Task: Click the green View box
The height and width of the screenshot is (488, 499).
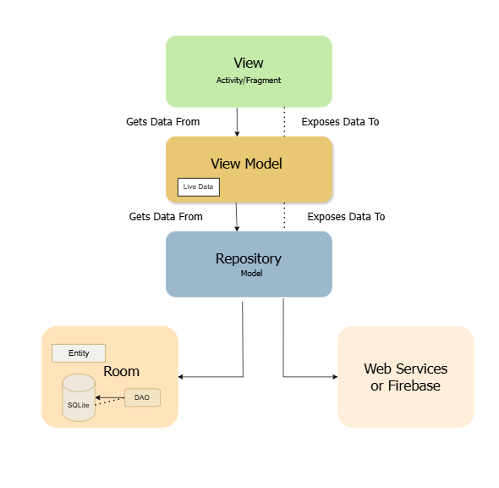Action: [x=249, y=71]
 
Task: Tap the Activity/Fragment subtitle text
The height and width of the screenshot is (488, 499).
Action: [x=249, y=80]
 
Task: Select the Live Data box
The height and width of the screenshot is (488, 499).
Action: [x=199, y=186]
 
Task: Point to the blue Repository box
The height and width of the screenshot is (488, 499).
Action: [x=249, y=263]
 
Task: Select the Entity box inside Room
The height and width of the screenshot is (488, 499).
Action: [x=79, y=352]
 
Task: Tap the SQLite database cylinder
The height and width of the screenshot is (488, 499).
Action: [x=79, y=396]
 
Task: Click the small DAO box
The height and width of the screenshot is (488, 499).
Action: [x=142, y=396]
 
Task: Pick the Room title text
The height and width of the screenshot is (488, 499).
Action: [x=121, y=371]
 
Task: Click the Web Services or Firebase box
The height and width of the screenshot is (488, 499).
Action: [x=405, y=376]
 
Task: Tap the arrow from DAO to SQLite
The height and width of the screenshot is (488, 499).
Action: [x=110, y=396]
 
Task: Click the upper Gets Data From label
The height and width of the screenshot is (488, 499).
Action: [x=163, y=122]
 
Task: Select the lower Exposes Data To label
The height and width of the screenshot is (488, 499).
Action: [x=346, y=217]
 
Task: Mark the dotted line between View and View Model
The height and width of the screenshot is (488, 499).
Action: [x=284, y=122]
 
